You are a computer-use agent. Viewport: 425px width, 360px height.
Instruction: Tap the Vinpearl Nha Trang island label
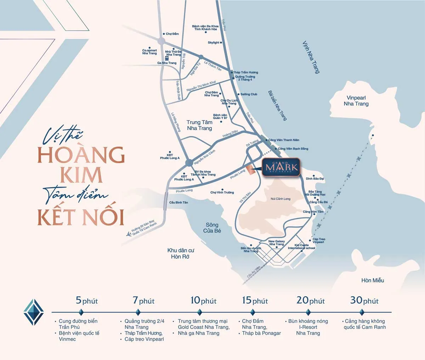point(356,101)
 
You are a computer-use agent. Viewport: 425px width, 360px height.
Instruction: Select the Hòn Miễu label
point(373,280)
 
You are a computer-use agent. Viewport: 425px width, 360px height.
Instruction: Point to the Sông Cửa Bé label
point(212,227)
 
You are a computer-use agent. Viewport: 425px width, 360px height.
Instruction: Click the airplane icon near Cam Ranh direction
point(129,234)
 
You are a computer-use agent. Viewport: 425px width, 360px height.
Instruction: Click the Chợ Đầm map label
point(172,34)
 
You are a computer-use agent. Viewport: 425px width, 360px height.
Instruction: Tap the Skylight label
point(214,43)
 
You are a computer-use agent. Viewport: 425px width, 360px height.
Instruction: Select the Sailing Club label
point(249,94)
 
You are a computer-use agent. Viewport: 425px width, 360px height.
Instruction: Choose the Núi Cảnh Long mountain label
point(280,199)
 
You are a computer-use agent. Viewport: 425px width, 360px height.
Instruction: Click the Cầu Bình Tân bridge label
point(178,202)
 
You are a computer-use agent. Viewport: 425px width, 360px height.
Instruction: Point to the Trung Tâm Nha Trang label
point(199,125)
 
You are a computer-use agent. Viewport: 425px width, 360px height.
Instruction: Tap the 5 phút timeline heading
point(87,301)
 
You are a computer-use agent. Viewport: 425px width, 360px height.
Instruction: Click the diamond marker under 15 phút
point(253,312)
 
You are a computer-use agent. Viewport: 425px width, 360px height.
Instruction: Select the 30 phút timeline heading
point(364,301)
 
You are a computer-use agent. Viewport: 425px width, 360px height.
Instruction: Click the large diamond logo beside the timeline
point(33,312)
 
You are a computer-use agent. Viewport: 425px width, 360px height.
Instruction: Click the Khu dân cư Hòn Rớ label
point(181,253)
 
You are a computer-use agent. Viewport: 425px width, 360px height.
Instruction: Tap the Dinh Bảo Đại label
point(315,179)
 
